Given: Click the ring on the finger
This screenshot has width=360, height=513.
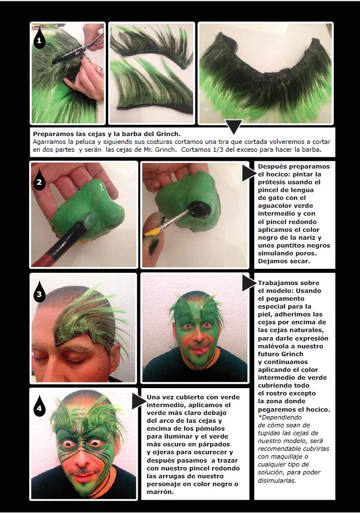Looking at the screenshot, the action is click(100, 69).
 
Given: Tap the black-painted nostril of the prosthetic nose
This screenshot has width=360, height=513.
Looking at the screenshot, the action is click(200, 209).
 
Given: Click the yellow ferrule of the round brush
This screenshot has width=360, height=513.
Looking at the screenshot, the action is click(152, 232).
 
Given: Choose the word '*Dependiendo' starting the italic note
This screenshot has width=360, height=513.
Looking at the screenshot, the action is click(280, 417).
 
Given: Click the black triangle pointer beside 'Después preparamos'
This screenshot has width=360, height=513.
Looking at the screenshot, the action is click(249, 172).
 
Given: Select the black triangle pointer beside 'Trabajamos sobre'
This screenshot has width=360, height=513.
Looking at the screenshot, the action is click(249, 283).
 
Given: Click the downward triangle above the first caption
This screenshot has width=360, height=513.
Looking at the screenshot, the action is click(234, 125).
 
